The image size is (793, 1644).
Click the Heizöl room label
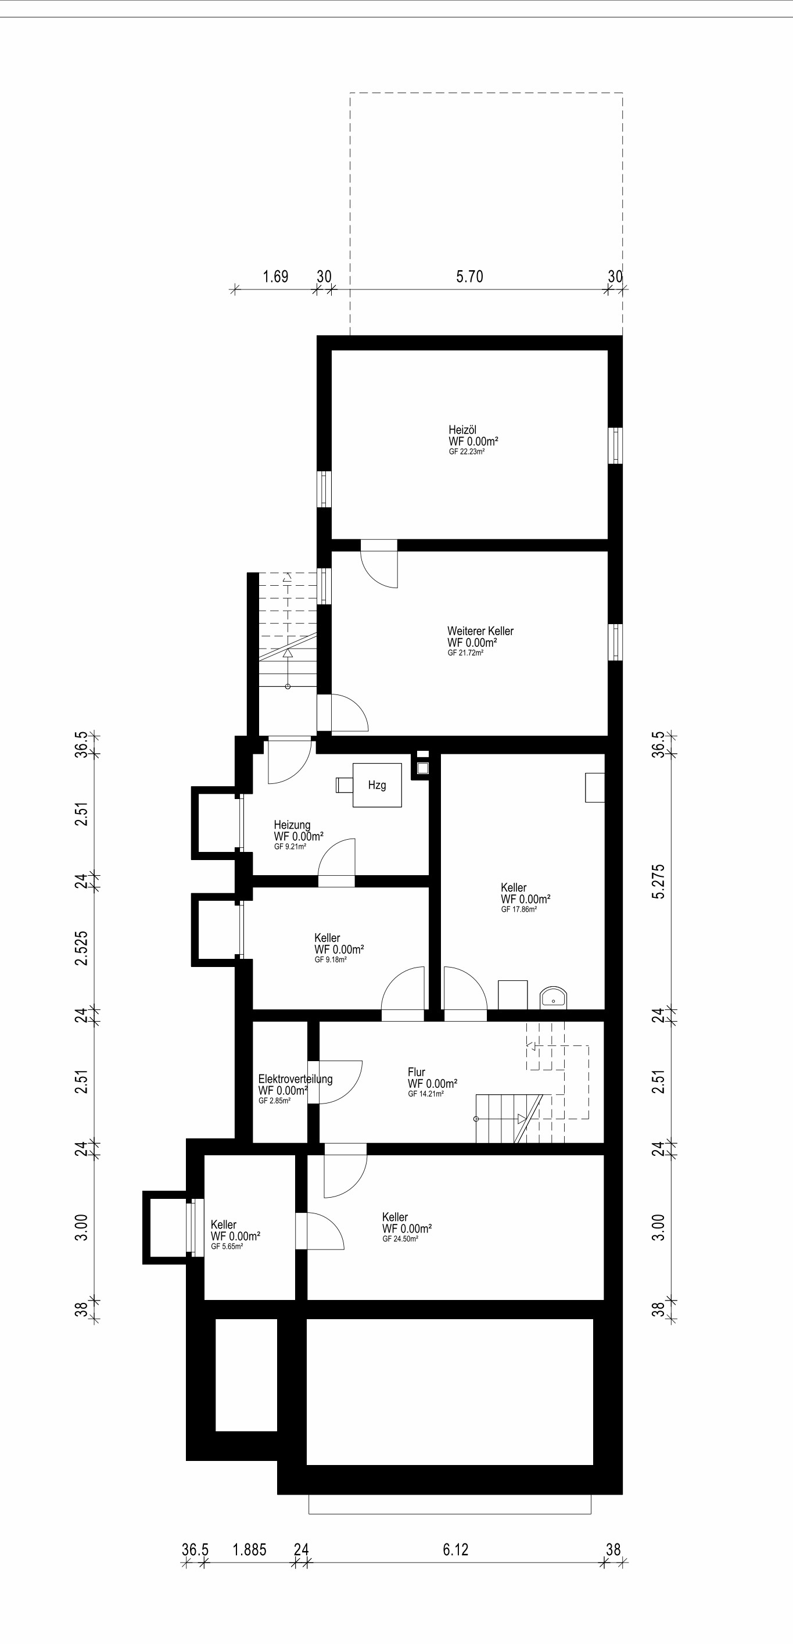click(462, 430)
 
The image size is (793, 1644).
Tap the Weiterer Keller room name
click(480, 631)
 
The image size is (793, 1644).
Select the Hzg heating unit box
click(377, 785)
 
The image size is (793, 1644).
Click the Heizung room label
click(292, 825)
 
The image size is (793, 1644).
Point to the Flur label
click(417, 1072)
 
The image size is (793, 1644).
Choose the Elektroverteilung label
click(295, 1079)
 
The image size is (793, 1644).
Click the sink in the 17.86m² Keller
click(553, 998)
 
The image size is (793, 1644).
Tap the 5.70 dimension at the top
click(469, 277)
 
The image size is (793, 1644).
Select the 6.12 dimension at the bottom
click(455, 1549)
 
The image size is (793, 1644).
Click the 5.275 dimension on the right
click(658, 882)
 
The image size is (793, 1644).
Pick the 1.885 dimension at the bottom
click(249, 1549)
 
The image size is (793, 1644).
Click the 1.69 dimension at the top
click(275, 277)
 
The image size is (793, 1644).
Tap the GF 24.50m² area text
click(401, 1239)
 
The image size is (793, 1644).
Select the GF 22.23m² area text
click(467, 451)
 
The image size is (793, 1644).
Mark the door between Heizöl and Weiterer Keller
click(379, 564)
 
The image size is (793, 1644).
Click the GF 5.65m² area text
click(227, 1247)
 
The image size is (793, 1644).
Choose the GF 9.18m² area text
click(331, 960)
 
